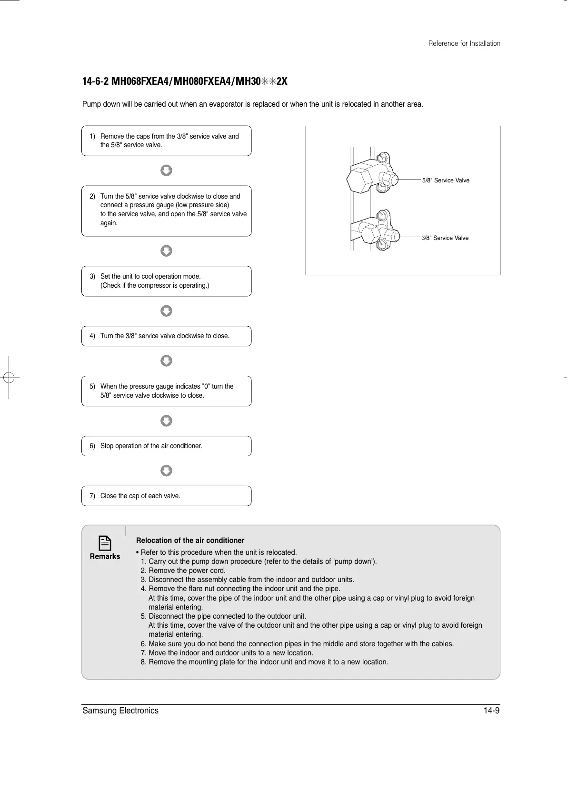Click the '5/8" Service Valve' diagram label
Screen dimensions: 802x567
click(446, 180)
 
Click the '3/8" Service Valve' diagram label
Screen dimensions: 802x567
click(445, 238)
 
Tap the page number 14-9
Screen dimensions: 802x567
click(491, 711)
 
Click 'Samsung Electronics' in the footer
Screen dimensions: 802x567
click(120, 711)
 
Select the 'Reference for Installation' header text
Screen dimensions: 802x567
click(464, 43)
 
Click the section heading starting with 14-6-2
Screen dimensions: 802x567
click(185, 81)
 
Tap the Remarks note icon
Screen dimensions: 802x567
click(105, 543)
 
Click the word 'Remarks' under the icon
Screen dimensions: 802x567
click(105, 556)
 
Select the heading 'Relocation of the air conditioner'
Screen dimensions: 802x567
click(190, 541)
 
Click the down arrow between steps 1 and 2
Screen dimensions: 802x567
click(166, 170)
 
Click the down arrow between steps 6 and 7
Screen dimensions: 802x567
click(166, 471)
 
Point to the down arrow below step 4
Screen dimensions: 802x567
click(166, 361)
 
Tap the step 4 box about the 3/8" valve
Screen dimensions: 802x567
click(166, 336)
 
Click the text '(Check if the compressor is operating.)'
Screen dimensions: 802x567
click(155, 285)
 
